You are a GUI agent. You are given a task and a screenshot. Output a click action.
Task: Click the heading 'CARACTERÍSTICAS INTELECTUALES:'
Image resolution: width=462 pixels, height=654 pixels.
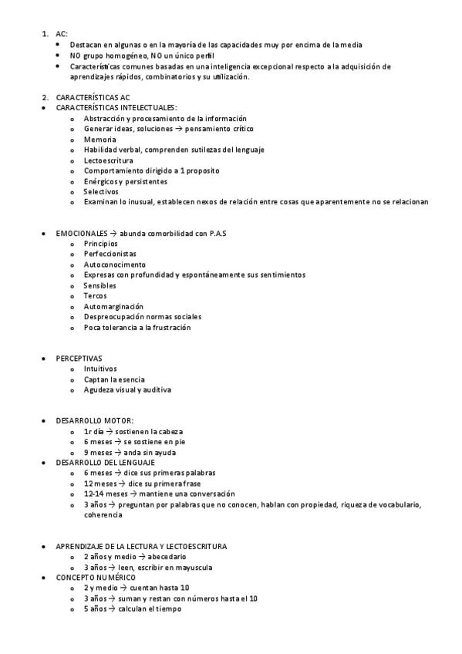coord(116,108)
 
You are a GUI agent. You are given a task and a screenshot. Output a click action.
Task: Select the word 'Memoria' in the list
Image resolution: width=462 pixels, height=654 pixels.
coord(99,140)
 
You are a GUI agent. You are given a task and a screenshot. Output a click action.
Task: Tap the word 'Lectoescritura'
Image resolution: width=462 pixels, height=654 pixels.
coord(108,160)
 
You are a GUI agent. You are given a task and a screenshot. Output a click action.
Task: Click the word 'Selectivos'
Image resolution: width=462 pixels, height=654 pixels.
coord(101,191)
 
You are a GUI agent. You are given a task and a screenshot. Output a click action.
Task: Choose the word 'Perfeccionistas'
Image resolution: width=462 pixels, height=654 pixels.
coord(110,254)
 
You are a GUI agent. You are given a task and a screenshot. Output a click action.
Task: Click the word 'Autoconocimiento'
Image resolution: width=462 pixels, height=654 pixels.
coord(114,265)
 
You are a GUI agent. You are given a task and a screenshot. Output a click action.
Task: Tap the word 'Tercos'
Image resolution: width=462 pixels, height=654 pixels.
coord(95,295)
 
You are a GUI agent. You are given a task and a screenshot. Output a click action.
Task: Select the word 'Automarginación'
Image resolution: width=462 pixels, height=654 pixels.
coord(113,306)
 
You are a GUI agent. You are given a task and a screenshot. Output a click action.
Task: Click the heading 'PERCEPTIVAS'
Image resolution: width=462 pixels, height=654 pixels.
coord(79,359)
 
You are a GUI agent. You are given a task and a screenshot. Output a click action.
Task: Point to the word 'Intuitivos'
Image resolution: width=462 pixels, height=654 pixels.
coord(100,369)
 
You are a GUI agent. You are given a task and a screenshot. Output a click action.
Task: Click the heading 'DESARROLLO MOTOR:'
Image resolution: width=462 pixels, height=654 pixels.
coord(94,421)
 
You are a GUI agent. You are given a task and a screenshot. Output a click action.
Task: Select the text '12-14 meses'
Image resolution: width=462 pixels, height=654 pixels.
coord(105,494)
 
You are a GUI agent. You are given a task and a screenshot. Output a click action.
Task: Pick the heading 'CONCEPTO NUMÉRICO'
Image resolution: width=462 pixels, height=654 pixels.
coord(96,577)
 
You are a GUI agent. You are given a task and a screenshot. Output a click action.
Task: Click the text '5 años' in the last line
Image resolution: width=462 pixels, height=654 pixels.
coord(96,608)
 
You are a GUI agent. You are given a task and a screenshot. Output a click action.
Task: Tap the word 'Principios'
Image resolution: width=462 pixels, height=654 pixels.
coord(101,244)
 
